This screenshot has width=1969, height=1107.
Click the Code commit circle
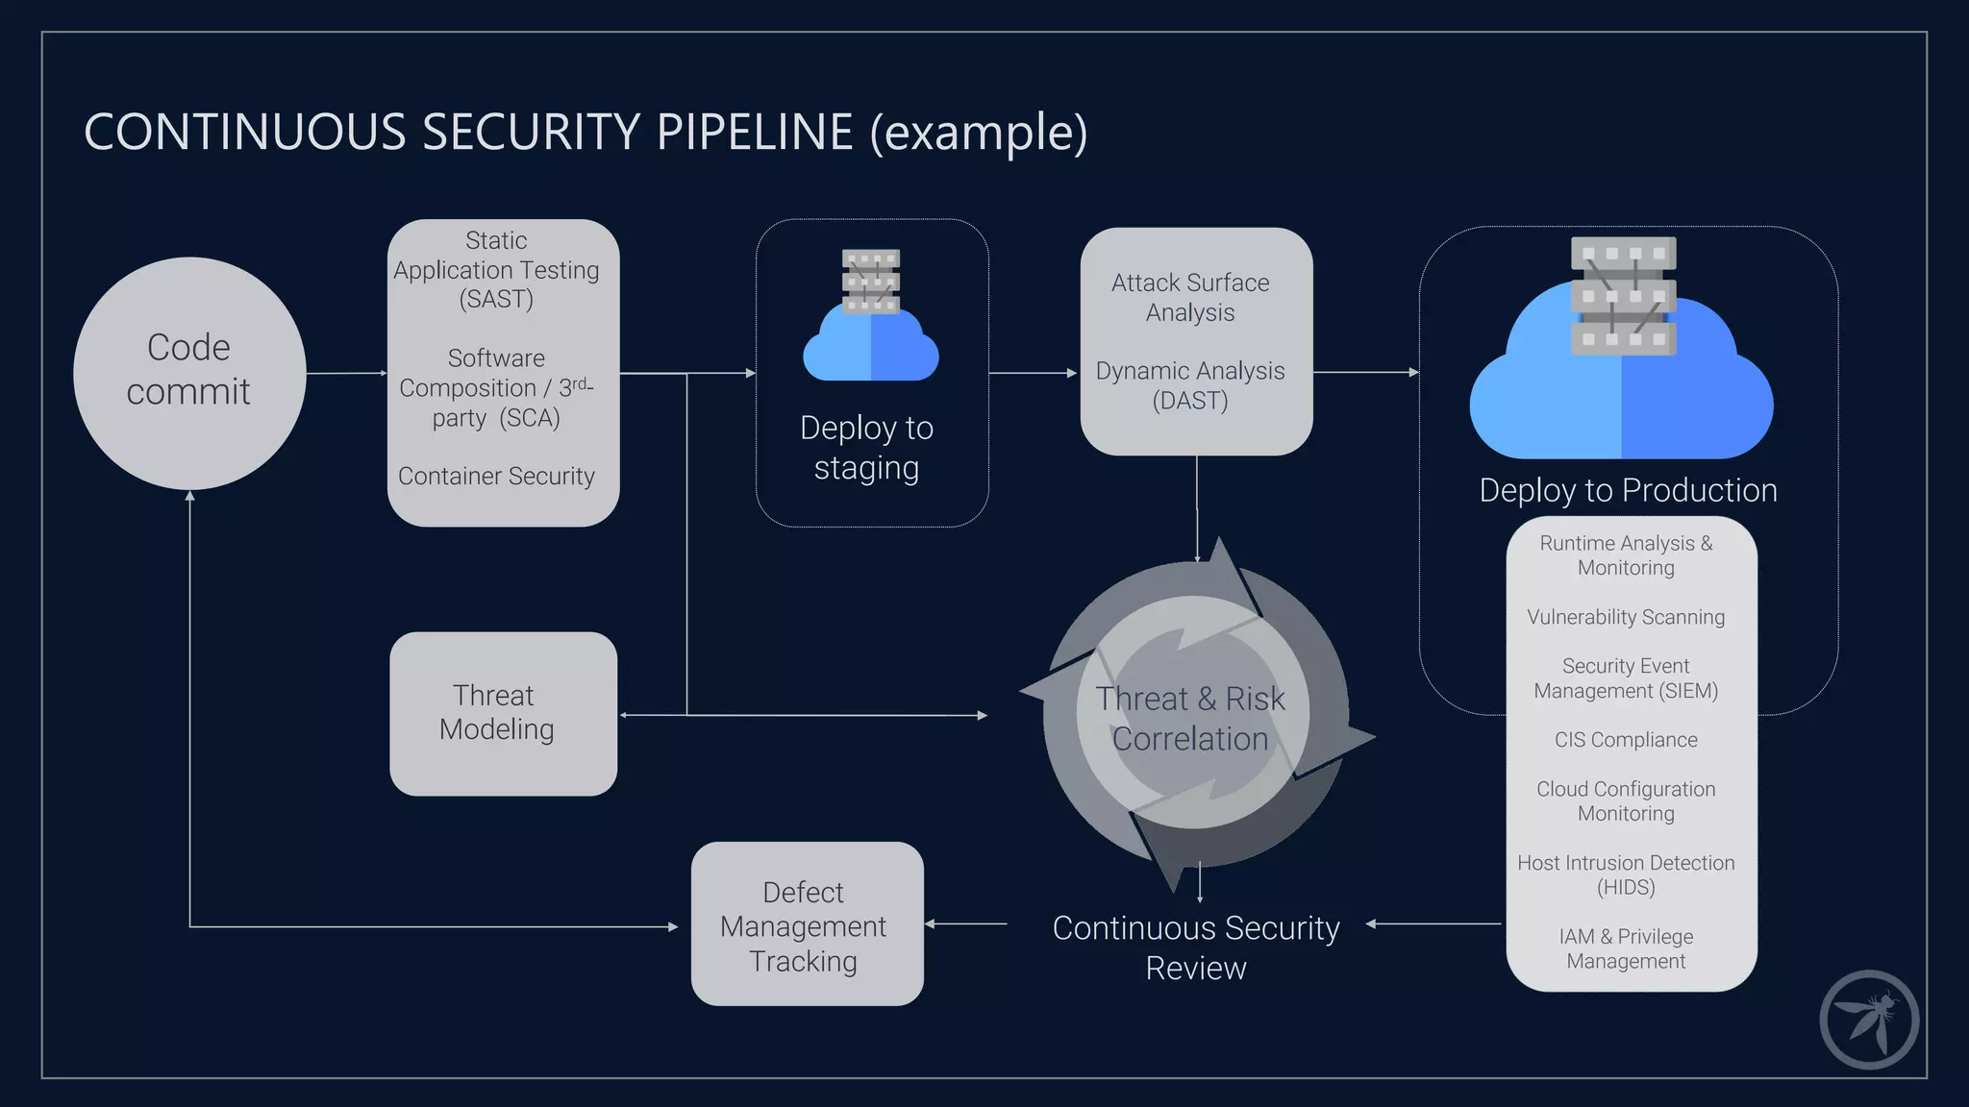(189, 373)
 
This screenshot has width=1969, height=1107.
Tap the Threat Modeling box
(503, 713)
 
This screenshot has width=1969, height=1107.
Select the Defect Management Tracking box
(807, 924)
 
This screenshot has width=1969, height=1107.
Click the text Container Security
(496, 476)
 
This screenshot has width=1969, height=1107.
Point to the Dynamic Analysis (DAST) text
(1190, 385)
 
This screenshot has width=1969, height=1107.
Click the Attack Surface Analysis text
(1190, 297)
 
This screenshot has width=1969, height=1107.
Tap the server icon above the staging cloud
(871, 281)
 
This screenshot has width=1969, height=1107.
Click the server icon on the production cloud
(1623, 295)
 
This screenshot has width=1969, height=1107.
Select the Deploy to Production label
(1628, 490)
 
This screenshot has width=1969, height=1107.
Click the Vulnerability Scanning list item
(1626, 617)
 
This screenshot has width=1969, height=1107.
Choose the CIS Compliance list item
(1626, 740)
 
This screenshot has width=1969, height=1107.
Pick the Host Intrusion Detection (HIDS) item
(1626, 874)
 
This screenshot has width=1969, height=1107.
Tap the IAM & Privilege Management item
(1626, 948)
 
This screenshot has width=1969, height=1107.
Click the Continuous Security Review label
(1195, 947)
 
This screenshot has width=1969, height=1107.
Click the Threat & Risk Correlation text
(1190, 718)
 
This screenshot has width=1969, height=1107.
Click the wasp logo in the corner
(1868, 1020)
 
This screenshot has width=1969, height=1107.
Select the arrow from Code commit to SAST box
(346, 373)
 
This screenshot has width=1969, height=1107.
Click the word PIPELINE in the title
(755, 132)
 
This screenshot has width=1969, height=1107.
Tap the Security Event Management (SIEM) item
(1626, 678)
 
